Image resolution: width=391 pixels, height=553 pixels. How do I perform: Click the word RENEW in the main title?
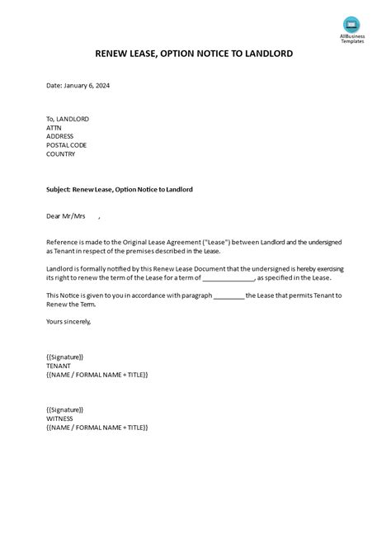[116, 54]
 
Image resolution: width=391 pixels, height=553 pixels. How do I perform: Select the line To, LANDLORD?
[68, 119]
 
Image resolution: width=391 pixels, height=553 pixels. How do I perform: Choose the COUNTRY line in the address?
[61, 154]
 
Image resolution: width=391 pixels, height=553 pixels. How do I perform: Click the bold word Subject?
[59, 189]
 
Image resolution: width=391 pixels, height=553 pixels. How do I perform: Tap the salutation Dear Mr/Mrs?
[66, 217]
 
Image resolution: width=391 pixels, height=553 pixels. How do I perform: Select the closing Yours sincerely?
[69, 321]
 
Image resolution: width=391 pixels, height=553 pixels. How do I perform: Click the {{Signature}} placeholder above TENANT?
[65, 356]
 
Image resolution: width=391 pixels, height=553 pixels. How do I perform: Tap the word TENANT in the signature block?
[59, 365]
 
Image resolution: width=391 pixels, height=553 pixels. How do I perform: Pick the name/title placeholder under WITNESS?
[97, 428]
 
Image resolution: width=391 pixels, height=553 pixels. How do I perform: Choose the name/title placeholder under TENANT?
[97, 375]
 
